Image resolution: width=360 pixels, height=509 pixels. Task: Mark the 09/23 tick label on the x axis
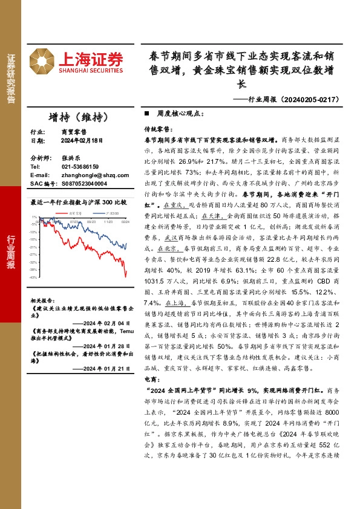tap(91, 222)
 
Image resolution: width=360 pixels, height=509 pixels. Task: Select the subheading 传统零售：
tap(158, 130)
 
